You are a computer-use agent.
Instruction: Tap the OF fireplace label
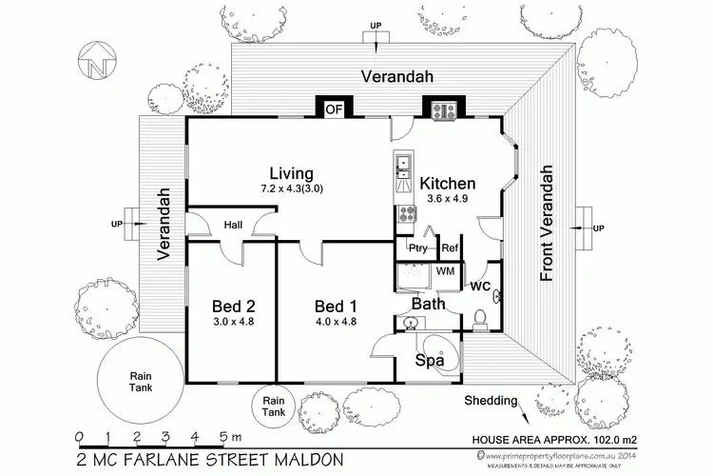(x=334, y=109)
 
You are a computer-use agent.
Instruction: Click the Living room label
(x=290, y=173)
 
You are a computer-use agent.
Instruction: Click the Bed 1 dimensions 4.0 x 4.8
(x=336, y=323)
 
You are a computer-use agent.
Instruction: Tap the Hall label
(x=234, y=225)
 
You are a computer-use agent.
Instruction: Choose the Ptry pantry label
(x=417, y=248)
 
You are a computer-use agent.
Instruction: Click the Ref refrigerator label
(x=450, y=248)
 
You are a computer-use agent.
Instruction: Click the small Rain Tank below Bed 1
(x=274, y=407)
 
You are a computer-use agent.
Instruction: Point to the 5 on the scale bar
(x=223, y=438)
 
